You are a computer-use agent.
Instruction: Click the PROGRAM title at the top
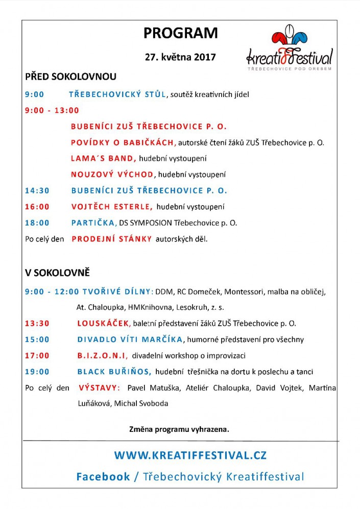coord(180,33)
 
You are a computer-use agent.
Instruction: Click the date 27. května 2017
coord(180,57)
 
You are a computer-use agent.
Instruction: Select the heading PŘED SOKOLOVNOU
coord(70,77)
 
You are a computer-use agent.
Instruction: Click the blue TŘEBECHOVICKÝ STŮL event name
coord(117,94)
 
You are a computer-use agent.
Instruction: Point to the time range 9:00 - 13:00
coord(52,110)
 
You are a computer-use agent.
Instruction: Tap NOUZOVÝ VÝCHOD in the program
coord(112,175)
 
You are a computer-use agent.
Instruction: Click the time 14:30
coord(37,190)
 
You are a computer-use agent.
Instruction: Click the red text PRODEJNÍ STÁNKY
coord(111,239)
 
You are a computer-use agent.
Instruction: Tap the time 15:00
coord(37,340)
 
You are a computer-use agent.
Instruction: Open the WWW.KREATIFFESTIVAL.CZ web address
coord(190,455)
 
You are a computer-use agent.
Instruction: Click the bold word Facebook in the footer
coord(103,477)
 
